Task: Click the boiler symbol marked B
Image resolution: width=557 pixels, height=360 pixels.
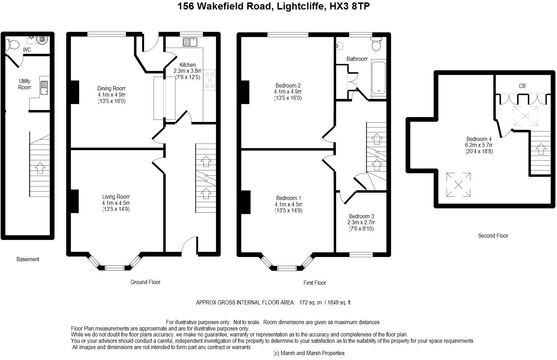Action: pos(42,39)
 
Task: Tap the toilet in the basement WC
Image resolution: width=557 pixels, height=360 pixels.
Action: pos(12,45)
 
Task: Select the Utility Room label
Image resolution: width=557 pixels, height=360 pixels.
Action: pos(25,84)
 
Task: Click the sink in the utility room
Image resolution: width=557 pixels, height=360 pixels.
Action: pos(44,88)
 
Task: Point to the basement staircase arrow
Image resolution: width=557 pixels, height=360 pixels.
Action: pos(40,168)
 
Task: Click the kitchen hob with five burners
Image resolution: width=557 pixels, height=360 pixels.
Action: pos(209,80)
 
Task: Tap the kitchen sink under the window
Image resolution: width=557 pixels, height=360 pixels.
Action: pos(190,42)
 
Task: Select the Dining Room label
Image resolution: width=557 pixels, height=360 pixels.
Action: pos(112,88)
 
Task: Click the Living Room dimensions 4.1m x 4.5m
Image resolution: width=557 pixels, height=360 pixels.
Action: pos(116,203)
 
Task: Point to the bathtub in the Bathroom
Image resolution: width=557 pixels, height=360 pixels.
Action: pos(379,78)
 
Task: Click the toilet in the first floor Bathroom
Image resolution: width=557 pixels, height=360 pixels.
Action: pos(376,44)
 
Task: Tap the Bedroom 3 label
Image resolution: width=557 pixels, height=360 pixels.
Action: pos(361,216)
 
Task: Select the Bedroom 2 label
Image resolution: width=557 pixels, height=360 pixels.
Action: pos(288,85)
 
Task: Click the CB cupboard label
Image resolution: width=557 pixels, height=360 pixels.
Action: pos(522,86)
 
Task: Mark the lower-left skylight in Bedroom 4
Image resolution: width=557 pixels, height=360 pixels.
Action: pos(458,185)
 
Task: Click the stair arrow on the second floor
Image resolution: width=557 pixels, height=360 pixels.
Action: pos(541,149)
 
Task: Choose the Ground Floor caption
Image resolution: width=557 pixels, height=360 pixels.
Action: pos(145,282)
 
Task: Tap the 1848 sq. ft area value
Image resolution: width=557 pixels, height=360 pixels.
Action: pos(339,302)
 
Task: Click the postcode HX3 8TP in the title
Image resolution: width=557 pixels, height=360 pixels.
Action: pos(350,6)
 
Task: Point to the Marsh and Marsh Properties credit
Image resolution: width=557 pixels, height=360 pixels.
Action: pos(309,353)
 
